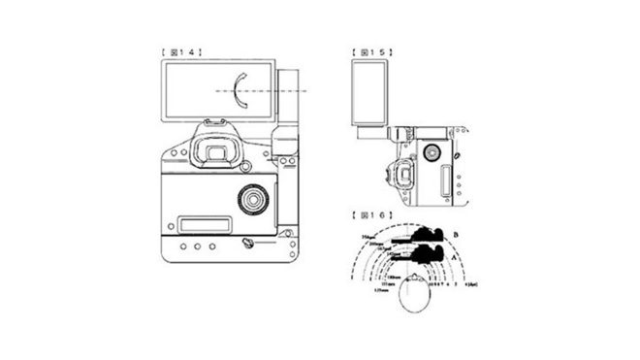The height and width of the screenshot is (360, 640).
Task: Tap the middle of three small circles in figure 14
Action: [197, 246]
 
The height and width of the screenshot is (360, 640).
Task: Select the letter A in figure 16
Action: [454, 259]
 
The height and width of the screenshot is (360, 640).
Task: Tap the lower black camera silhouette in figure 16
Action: [424, 257]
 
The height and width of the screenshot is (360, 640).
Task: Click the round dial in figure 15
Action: [431, 151]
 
